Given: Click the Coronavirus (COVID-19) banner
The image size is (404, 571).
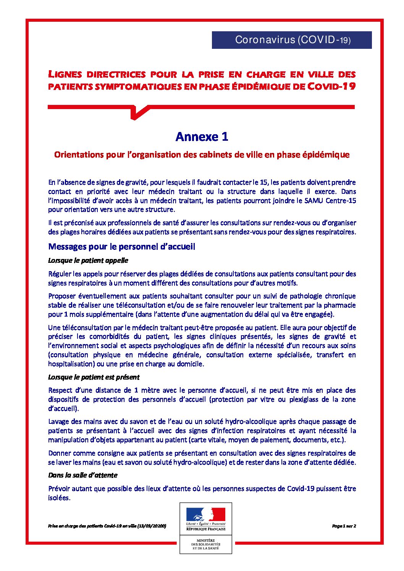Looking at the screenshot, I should tap(292, 40).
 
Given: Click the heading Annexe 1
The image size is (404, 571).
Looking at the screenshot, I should tap(202, 137).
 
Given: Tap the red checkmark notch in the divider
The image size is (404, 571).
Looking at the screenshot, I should tap(137, 112).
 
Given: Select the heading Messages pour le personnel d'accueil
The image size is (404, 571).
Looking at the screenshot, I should tap(121, 246).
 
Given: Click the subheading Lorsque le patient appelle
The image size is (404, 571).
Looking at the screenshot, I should tap(88, 261).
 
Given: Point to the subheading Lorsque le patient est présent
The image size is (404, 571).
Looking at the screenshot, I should tap(94, 377).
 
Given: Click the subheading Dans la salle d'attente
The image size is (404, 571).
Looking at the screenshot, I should tap(82, 475).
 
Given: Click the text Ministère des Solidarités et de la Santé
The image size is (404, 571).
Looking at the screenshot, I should tap(205, 544).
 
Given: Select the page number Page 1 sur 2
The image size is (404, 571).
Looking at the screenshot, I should tap(344, 526).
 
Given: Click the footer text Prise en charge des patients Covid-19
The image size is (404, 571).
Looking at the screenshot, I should tap(107, 526).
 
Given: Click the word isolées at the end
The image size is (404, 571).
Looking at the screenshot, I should tap(59, 498).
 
